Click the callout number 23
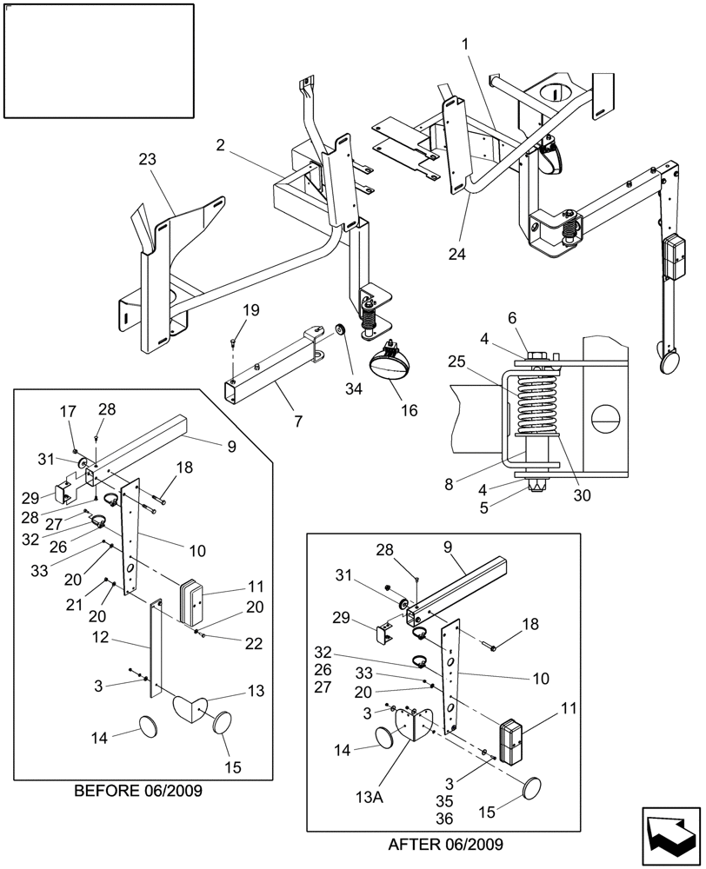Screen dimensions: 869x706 coord(148,159)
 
